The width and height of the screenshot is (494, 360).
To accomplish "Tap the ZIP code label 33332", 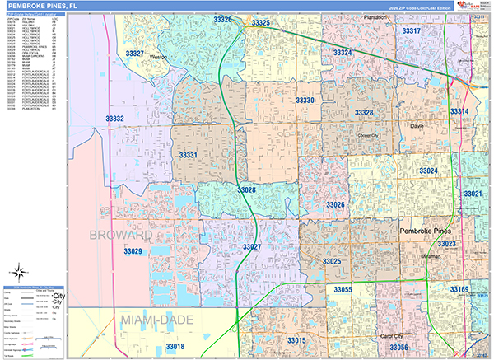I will point(114,119).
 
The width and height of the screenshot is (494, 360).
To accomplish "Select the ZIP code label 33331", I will point(189,155).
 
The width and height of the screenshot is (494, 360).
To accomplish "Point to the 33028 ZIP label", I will point(246,190).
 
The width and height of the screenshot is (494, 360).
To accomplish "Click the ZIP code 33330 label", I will point(305,100).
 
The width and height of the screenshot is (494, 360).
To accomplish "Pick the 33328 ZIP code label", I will point(364,113).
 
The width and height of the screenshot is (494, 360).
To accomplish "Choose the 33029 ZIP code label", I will point(133,251).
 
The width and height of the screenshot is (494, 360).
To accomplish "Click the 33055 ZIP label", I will point(343,290).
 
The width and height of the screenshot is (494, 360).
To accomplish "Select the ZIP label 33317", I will point(411,30).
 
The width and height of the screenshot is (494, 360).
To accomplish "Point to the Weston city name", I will point(160,58).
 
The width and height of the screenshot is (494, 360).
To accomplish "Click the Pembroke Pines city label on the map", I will point(427,232).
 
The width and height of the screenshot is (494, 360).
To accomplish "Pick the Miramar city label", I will point(429,256).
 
